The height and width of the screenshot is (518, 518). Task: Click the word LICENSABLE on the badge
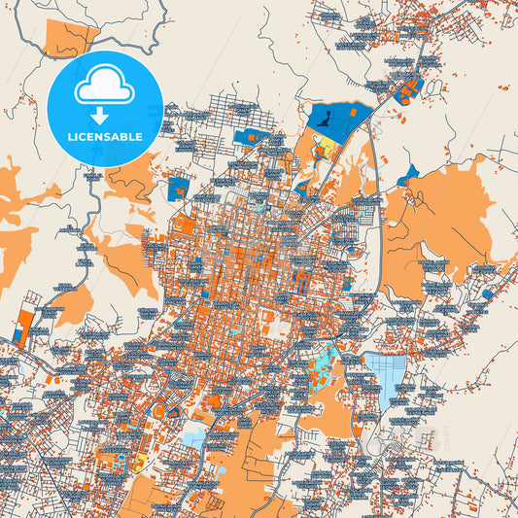pos(106,136)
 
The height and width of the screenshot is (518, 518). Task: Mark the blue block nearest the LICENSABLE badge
pos(179,187)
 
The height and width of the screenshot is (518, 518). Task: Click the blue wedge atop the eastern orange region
pos(407,176)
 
